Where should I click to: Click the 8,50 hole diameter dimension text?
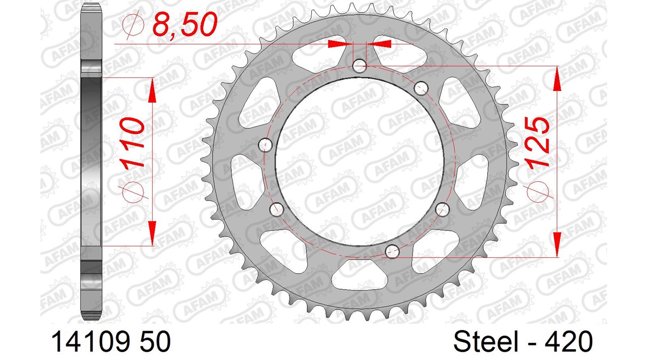point(185,25)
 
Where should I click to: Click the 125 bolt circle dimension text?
point(538,142)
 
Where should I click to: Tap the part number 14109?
point(89,341)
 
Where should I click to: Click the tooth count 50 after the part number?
point(155,341)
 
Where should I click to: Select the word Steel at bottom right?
point(486,341)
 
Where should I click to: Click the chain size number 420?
point(569,341)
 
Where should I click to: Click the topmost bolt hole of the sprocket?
point(359,66)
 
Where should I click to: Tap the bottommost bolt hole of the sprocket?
point(392,251)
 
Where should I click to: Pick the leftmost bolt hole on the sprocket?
point(265,145)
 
